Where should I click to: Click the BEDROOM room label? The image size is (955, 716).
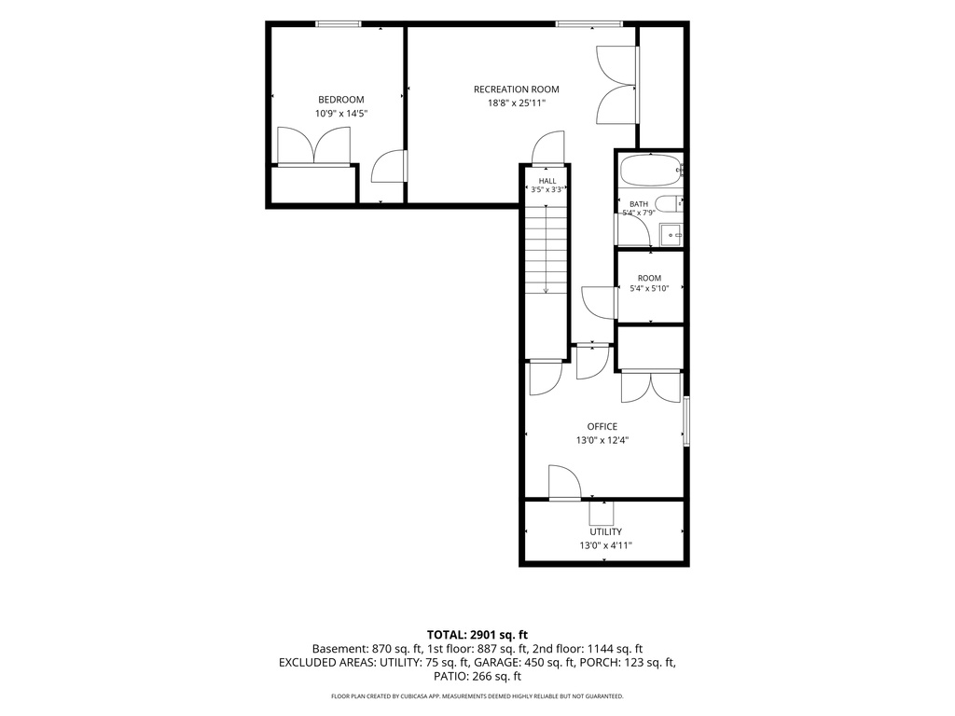[x=341, y=99]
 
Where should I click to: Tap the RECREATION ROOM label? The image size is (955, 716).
[x=517, y=89]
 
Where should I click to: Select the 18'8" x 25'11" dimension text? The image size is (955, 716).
[x=517, y=103]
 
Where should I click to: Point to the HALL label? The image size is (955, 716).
[x=547, y=181]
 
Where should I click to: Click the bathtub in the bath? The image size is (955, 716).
[x=650, y=171]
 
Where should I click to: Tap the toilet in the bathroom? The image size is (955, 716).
[x=669, y=204]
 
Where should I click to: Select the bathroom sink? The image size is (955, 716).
[x=671, y=234]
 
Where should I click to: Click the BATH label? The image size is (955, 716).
[x=639, y=204]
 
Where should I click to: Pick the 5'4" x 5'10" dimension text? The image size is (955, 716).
[x=649, y=289]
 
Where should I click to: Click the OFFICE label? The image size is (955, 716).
[x=602, y=427]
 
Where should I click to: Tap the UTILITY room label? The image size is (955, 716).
[x=605, y=531]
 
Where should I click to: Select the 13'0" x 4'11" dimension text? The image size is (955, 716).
[x=605, y=545]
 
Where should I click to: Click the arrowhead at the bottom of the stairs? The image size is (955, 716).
[x=547, y=291]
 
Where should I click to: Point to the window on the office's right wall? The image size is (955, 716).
[x=686, y=420]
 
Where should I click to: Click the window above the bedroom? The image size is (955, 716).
[x=339, y=24]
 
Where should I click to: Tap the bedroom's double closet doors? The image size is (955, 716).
[x=314, y=146]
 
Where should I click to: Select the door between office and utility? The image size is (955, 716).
[x=564, y=483]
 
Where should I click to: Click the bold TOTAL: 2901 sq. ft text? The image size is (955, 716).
[x=477, y=635]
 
